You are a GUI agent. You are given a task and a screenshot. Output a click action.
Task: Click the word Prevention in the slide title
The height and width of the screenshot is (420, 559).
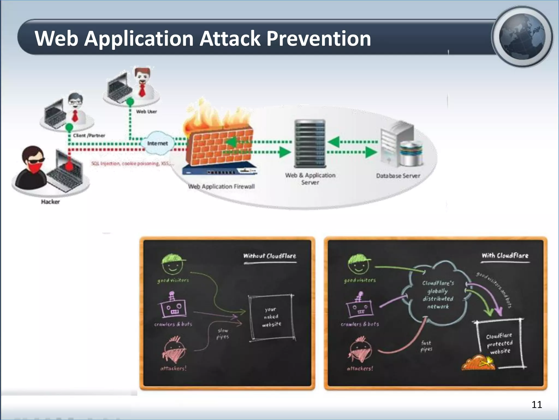coord(319,39)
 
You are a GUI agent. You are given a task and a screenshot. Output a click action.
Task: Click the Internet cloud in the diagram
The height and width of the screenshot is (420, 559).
coord(157,143)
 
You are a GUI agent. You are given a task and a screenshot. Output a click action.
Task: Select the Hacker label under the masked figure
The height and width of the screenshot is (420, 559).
coord(50,202)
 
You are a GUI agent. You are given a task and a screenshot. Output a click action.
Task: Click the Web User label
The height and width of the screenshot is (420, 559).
coord(147,112)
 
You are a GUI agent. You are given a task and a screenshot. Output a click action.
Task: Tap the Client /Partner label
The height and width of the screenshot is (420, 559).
coord(89,136)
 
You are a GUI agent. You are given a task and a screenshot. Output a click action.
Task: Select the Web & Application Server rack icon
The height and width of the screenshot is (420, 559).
coord(310,144)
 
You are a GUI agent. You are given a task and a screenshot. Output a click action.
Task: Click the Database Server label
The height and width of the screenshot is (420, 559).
coord(398,176)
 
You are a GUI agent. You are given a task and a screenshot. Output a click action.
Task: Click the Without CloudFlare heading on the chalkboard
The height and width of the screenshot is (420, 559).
coord(270,256)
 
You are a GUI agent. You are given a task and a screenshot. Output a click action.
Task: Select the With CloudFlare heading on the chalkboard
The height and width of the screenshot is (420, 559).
coord(505,256)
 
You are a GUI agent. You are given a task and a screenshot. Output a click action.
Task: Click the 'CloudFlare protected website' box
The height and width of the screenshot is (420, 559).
coord(499,343)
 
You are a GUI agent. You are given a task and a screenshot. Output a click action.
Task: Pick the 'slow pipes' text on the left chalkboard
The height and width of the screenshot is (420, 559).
coord(223,334)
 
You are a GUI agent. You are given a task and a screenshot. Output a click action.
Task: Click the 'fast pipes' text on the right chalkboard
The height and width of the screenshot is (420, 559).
coord(426,346)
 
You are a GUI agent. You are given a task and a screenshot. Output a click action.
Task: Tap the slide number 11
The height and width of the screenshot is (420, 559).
coord(537,404)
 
